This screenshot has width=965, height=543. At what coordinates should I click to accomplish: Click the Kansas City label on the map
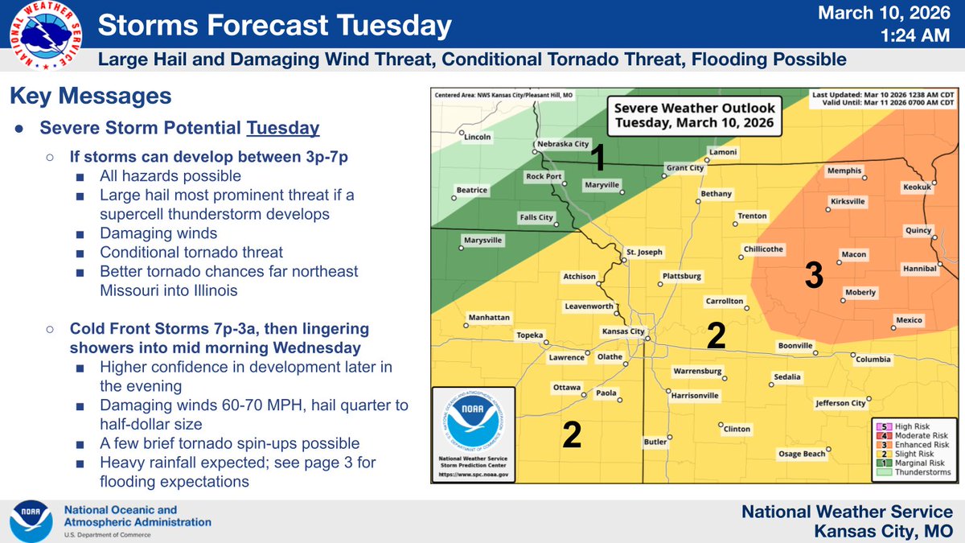pos(623,331)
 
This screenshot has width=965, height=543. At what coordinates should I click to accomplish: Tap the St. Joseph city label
pos(644,252)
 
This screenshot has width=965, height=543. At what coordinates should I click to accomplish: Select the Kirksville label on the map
pos(848,200)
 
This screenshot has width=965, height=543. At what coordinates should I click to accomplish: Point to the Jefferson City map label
pos(840,403)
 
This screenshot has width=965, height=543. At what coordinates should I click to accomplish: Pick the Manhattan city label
pos(489,317)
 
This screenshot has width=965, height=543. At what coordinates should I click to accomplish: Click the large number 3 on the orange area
pos(814,276)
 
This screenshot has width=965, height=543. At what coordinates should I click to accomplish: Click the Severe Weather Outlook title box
pos(692,116)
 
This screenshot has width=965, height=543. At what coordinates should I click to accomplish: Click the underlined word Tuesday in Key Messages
pos(283,129)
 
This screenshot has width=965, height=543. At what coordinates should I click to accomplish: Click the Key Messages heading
pos(90,96)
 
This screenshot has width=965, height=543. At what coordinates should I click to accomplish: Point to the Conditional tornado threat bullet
pos(191,253)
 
